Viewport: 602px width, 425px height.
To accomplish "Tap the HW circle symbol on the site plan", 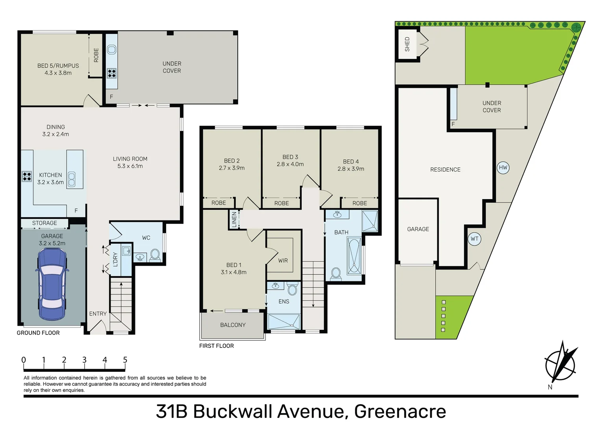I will click(503, 168).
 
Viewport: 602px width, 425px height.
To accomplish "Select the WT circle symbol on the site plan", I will click(474, 239).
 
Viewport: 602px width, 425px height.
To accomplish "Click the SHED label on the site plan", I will click(407, 44).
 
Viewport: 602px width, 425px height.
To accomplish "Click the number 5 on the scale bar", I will click(125, 360).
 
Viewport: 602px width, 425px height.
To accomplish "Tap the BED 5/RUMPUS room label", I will click(58, 66).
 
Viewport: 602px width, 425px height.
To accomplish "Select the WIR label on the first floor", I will click(283, 261).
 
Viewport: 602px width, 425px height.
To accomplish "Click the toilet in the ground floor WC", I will click(155, 255).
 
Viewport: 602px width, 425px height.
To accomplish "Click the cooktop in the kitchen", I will click(27, 176).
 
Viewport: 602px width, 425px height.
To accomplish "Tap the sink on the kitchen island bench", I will click(72, 179).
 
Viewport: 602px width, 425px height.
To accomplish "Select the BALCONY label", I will click(233, 325).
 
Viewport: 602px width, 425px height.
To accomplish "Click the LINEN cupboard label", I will click(234, 220).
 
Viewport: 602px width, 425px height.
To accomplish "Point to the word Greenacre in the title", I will click(400, 411).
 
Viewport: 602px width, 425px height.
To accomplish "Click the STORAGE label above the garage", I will click(44, 223).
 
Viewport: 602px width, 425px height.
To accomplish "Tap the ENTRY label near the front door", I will click(98, 314).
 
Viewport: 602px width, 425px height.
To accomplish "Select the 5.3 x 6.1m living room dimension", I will click(130, 166).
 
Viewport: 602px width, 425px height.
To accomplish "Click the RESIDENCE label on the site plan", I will click(445, 170).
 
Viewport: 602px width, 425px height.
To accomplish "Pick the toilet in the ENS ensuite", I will click(292, 290).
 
